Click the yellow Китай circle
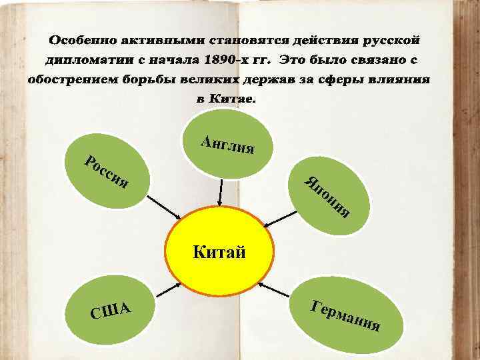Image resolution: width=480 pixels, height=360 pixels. point(220,252)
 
